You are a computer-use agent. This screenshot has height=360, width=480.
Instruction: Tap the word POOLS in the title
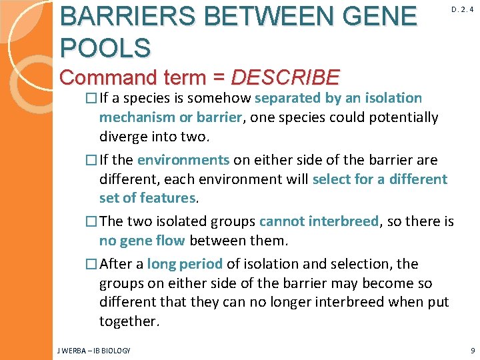coord(105,47)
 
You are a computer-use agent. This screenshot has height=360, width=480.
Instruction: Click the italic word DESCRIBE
coord(285,77)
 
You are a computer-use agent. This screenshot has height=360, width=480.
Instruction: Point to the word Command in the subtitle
coord(106,77)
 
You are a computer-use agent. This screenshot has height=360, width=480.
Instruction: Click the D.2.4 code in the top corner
coord(462,9)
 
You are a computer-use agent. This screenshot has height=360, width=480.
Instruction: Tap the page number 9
coord(471,350)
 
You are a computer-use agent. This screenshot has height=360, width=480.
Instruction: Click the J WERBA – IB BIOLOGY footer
coord(94,350)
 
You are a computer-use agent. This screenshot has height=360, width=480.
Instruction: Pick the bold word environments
coord(183,160)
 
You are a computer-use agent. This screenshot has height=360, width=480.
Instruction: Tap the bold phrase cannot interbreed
coord(318,221)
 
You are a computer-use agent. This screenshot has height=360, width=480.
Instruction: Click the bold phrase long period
coord(184,264)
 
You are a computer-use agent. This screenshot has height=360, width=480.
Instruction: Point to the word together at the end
coord(129,321)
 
